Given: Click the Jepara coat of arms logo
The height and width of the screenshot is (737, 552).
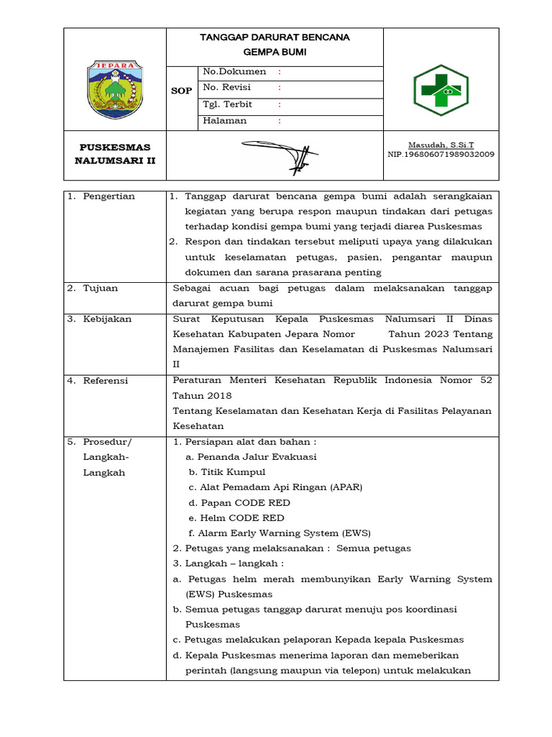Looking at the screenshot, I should (114, 89).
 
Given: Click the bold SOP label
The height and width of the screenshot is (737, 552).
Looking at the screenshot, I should (181, 91).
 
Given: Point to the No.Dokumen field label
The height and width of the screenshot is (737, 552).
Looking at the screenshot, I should (234, 72).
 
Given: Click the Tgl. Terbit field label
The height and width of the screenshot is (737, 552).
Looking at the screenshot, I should (228, 104).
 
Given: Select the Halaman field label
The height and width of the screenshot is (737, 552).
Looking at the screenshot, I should (225, 121).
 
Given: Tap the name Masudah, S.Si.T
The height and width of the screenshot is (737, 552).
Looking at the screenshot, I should (441, 145).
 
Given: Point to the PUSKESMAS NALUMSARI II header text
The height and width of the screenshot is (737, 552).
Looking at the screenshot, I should (115, 154).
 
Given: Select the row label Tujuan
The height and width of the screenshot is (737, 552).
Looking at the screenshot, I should (101, 288).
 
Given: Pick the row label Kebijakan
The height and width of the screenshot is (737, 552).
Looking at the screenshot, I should (107, 319).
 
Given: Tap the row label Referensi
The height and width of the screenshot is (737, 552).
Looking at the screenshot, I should (106, 381).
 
